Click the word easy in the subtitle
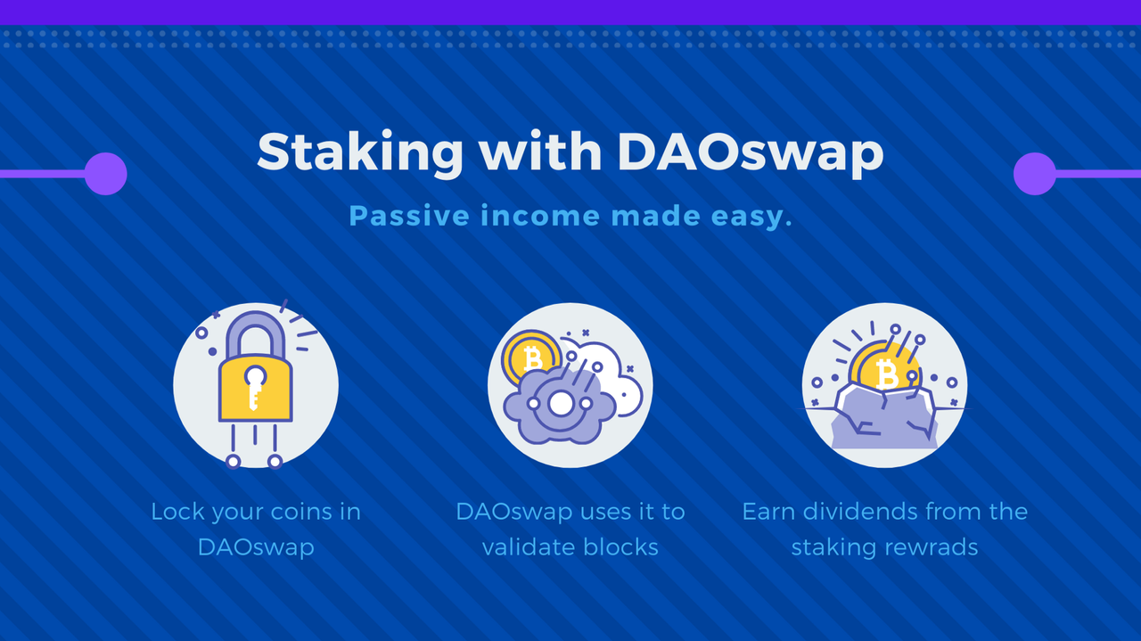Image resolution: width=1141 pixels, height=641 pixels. click(751, 217)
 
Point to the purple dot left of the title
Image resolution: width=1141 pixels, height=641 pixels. click(105, 174)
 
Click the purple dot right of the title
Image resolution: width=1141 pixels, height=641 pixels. click(1035, 174)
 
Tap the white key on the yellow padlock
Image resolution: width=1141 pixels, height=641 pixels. click(255, 386)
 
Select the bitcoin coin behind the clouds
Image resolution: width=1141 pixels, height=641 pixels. click(530, 357)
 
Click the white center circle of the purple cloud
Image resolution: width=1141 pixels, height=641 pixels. click(561, 404)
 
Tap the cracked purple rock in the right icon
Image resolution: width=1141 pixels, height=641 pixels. click(885, 418)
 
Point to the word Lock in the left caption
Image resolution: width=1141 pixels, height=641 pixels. click(177, 512)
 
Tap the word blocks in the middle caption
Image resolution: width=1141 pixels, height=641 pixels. click(621, 547)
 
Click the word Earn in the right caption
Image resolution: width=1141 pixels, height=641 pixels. click(768, 512)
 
